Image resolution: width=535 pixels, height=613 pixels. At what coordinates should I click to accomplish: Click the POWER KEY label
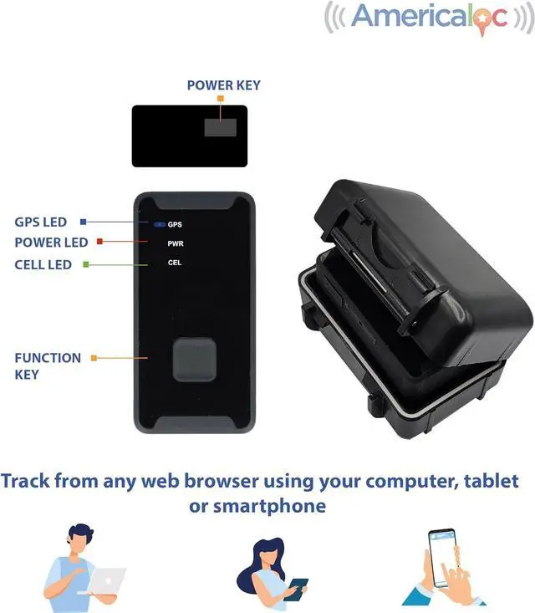(223, 85)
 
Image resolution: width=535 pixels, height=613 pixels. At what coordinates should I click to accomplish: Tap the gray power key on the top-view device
(221, 127)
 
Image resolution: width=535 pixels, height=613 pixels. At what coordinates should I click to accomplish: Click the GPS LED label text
(40, 222)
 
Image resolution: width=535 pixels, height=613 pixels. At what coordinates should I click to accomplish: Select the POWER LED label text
(51, 243)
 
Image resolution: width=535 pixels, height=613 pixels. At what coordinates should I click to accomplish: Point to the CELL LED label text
(43, 264)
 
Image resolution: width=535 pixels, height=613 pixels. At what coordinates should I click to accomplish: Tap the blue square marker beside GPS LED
(84, 222)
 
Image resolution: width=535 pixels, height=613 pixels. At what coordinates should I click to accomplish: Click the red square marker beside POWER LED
(99, 242)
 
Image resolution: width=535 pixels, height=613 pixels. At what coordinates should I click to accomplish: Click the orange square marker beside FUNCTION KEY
(94, 358)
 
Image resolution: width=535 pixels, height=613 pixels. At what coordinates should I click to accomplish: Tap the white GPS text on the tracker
(175, 224)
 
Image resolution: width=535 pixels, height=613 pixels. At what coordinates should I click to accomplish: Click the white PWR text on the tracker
(176, 243)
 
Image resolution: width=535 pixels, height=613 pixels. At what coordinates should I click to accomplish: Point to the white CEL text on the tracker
(175, 263)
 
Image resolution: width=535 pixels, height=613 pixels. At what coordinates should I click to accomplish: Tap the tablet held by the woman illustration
(297, 588)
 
